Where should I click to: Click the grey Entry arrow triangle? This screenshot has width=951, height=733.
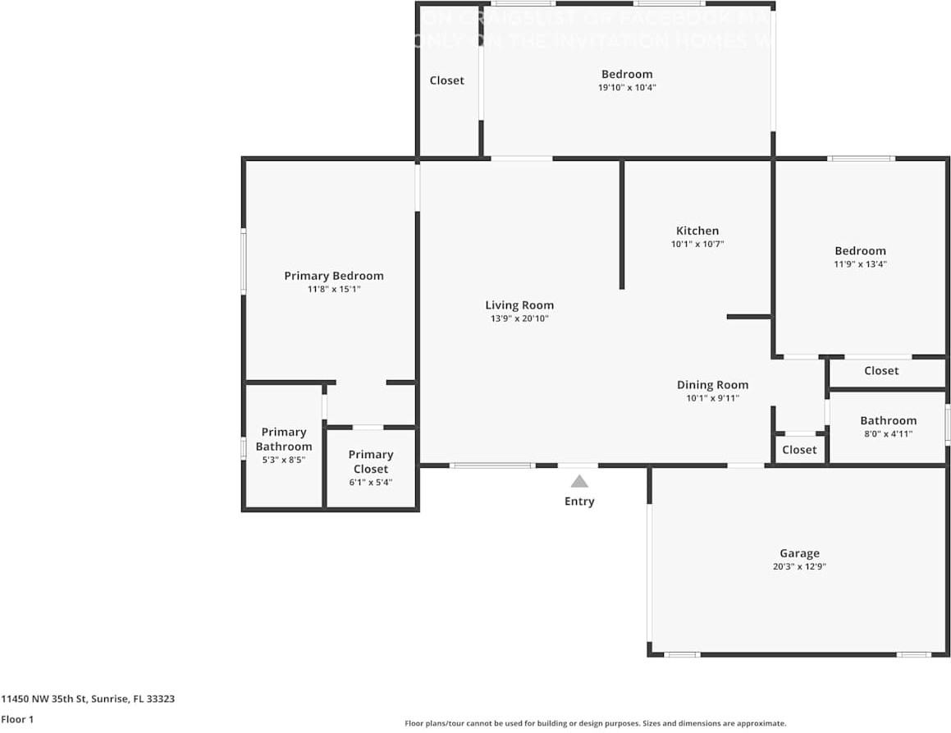click(579, 482)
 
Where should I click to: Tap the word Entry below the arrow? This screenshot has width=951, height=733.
click(579, 502)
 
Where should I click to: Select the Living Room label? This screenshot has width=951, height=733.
click(519, 305)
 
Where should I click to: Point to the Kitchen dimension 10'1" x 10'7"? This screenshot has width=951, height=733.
click(697, 245)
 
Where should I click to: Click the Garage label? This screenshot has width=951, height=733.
click(799, 553)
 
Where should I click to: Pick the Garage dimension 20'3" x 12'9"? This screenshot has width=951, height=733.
click(799, 566)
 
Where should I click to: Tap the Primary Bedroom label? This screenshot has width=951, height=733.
click(334, 276)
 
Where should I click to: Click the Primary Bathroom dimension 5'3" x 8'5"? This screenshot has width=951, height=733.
click(284, 460)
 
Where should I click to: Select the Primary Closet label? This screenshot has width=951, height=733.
click(371, 461)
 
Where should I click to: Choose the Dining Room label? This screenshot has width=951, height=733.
click(712, 384)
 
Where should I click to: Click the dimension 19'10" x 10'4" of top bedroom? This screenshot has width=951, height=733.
click(627, 87)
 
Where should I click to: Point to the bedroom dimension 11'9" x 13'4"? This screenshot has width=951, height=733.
click(861, 264)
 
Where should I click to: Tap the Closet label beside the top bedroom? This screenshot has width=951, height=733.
click(447, 80)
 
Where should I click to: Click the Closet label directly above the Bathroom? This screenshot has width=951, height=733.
click(881, 371)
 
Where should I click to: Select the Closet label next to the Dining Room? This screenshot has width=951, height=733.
click(799, 450)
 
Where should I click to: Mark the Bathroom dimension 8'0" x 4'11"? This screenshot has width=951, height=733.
click(888, 434)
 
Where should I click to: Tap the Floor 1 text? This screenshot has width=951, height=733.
click(18, 720)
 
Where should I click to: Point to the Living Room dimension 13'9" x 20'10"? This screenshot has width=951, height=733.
click(519, 318)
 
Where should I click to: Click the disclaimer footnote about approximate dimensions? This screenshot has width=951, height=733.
click(595, 723)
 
